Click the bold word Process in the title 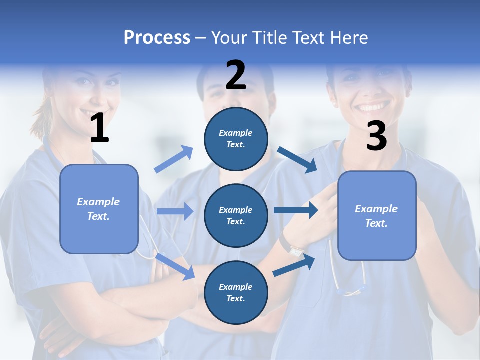pos(157,38)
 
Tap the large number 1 pos(99,128)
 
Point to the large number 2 pos(236,75)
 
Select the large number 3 pos(376,136)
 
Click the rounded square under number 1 pos(99,209)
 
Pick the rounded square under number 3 pos(377,215)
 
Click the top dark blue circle pos(236,139)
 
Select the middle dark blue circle pos(236,215)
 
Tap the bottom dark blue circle pos(236,292)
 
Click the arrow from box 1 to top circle pos(174,159)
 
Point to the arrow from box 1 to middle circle pos(175,211)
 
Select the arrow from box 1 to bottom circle pos(175,266)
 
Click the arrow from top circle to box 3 pos(298,159)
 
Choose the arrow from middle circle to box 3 pos(296,210)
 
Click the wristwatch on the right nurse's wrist pos(295,248)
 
